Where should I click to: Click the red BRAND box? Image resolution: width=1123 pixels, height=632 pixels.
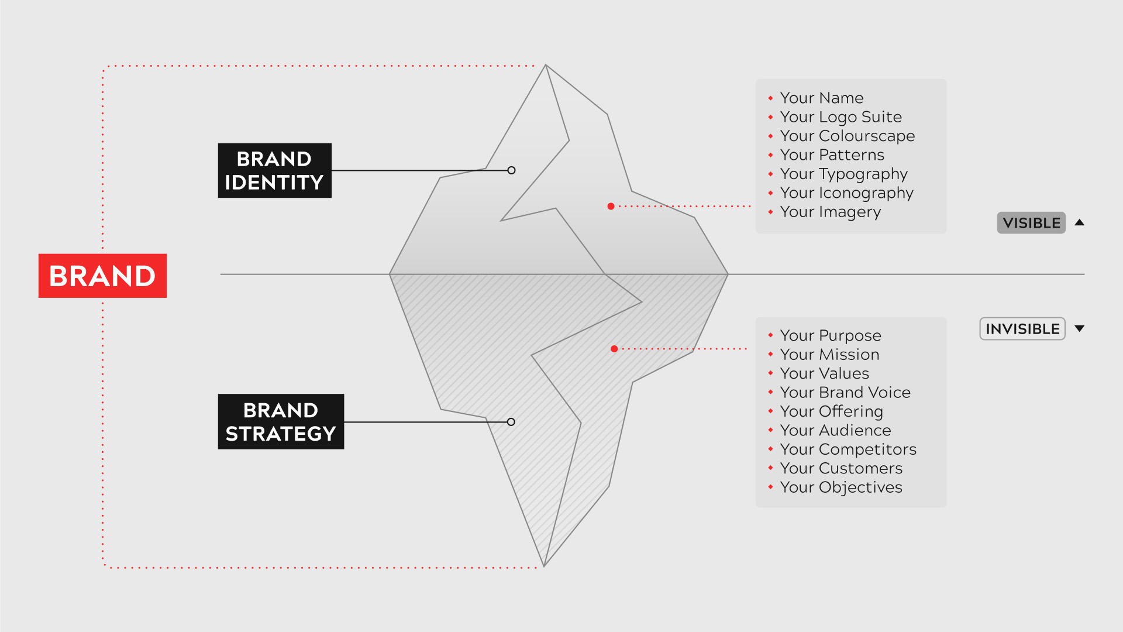(x=102, y=276)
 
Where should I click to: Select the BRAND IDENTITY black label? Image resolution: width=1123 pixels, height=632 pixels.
(x=274, y=170)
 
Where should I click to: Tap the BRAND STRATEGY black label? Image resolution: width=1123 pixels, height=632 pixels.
(x=281, y=421)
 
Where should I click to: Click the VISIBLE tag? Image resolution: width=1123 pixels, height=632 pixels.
(x=1031, y=223)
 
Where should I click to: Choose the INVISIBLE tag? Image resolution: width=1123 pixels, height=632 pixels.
(x=1022, y=329)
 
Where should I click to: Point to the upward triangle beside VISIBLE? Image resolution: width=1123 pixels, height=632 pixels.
(x=1080, y=222)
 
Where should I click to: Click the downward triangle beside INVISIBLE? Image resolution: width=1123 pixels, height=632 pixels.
(x=1080, y=329)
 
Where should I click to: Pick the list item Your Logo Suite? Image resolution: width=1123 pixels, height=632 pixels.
(x=840, y=117)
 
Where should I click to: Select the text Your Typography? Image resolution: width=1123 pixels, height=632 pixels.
(x=843, y=174)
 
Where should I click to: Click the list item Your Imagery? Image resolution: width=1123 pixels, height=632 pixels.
(x=830, y=212)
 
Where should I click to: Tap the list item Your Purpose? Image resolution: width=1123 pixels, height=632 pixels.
(x=830, y=335)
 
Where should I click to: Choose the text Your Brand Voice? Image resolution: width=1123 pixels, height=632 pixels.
(x=845, y=392)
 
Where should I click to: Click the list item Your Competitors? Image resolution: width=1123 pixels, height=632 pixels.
(x=848, y=449)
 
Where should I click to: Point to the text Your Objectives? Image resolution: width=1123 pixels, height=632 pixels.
(x=841, y=487)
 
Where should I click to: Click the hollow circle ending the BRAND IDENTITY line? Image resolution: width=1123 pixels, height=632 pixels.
(x=512, y=170)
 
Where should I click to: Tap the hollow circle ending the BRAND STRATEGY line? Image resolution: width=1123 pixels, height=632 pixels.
(x=511, y=422)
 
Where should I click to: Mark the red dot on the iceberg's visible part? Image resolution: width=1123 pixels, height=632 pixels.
(x=611, y=206)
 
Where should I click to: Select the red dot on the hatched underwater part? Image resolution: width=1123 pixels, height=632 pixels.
(x=614, y=349)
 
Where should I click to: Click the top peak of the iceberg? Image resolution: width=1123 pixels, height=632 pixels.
(x=546, y=65)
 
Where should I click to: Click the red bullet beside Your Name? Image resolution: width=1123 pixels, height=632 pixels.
(x=770, y=98)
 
